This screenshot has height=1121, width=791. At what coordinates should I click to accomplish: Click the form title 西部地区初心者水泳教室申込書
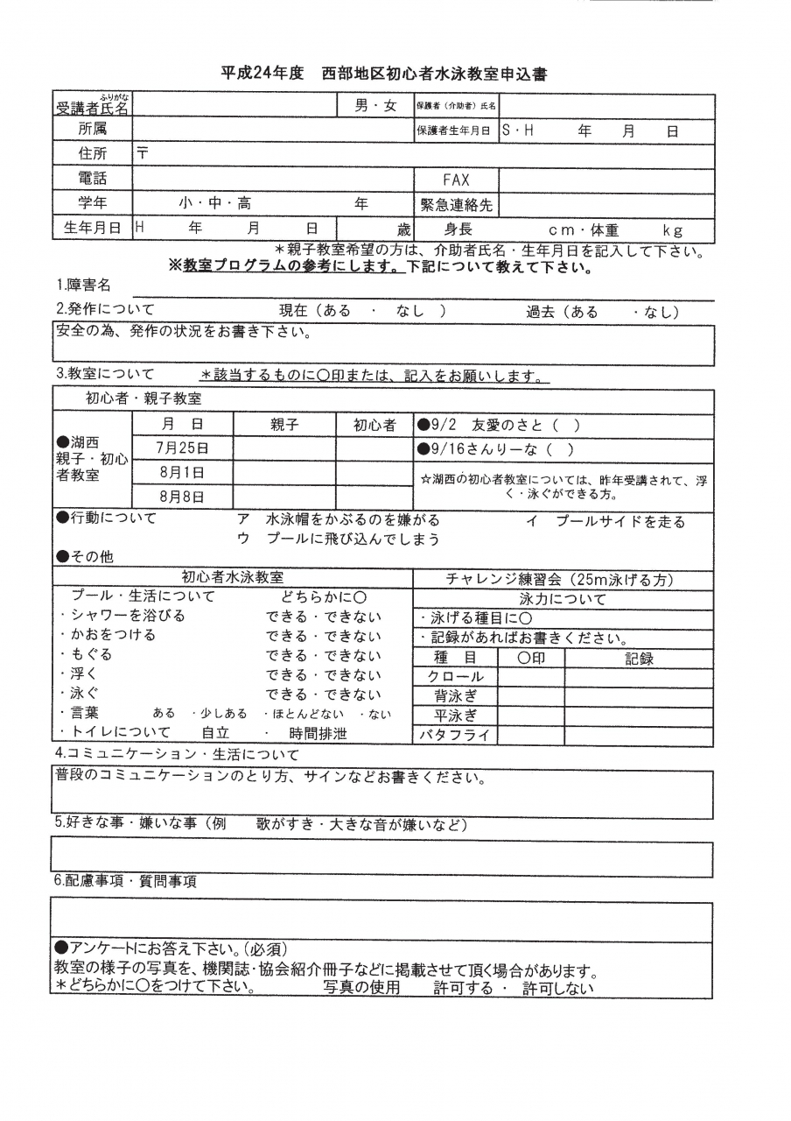click(434, 74)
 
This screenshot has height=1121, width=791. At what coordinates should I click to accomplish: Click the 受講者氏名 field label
click(92, 107)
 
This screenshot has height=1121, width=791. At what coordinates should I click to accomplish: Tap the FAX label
click(456, 180)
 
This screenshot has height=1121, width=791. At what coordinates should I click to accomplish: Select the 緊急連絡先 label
click(456, 205)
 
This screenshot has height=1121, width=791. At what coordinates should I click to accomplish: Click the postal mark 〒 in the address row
click(143, 152)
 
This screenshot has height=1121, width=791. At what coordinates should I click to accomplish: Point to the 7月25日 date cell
click(182, 448)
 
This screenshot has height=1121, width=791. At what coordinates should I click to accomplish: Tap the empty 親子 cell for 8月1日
click(284, 473)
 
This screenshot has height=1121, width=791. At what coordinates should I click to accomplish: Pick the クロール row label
click(455, 677)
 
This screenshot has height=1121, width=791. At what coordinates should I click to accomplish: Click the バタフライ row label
click(455, 737)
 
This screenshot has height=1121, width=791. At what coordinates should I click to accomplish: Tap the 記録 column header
click(639, 659)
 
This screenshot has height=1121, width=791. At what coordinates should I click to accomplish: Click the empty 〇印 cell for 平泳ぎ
click(530, 716)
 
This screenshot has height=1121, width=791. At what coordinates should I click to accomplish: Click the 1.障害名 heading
click(84, 286)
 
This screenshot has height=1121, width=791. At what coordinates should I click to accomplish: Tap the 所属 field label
click(92, 130)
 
